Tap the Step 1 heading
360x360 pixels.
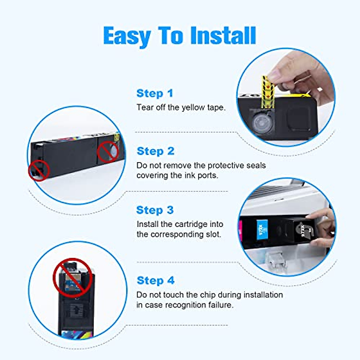155,93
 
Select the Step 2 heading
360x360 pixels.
155,151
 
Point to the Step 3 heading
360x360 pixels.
155,210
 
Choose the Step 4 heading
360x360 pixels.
155,280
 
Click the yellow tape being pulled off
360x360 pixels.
268,90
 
